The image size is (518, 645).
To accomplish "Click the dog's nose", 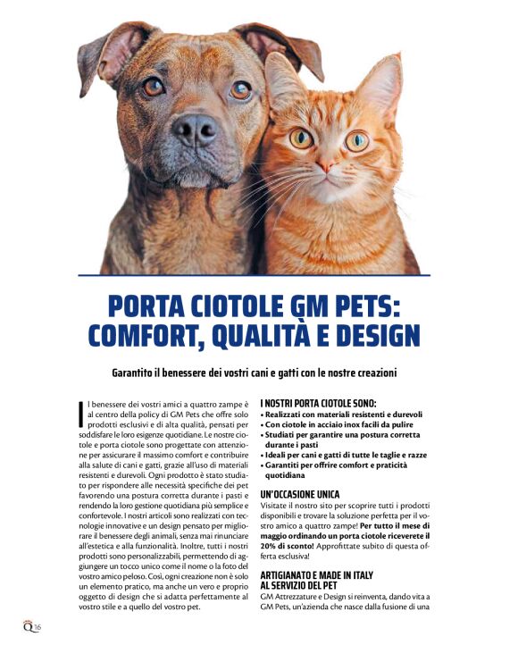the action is tap(195, 131).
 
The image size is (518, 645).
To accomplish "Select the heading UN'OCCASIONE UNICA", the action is tap(300, 494).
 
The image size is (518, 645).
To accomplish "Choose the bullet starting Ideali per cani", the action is tap(343, 456).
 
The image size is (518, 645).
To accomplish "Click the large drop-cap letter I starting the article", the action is tap(81, 413).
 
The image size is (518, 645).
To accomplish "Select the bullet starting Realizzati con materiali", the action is tap(342, 415).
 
